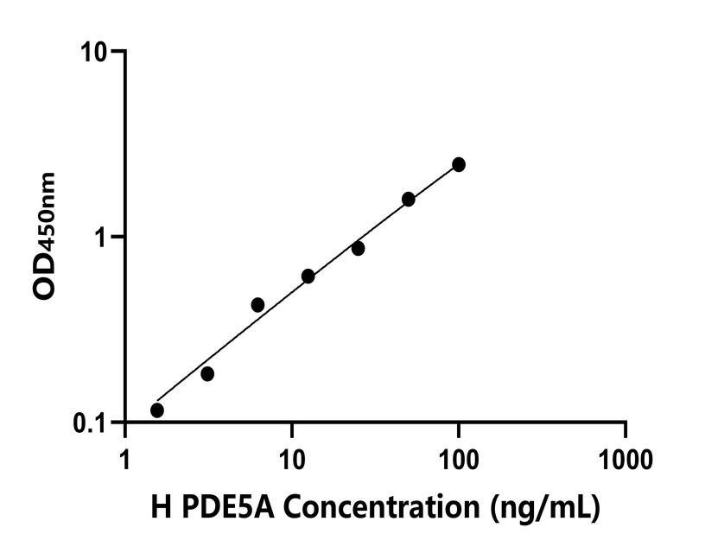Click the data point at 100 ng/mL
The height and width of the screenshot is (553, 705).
click(459, 164)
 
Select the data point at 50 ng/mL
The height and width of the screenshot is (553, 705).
click(409, 200)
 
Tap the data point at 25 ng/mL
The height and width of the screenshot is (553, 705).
click(358, 249)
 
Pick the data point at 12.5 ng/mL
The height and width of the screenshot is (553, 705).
click(308, 276)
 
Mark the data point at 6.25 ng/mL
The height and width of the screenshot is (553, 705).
click(257, 305)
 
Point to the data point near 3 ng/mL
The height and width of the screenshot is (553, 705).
click(207, 374)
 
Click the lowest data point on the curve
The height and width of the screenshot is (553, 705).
click(157, 410)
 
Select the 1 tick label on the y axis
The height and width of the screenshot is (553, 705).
click(107, 238)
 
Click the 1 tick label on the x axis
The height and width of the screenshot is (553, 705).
click(125, 455)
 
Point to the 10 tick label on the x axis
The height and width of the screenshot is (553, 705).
click(292, 455)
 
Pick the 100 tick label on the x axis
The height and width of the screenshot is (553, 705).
click(459, 455)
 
